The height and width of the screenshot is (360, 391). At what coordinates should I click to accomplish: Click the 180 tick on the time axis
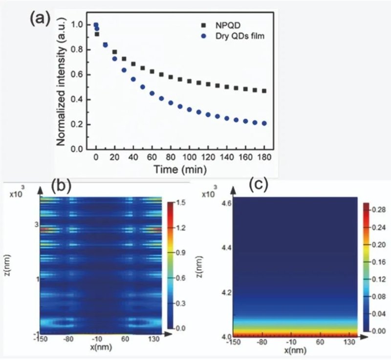(x=265, y=157)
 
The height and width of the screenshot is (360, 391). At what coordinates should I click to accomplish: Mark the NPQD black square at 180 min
(x=264, y=91)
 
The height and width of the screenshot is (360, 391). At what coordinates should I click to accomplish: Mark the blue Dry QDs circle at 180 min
(x=264, y=123)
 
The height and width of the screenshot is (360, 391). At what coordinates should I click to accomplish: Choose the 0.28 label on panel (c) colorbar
(x=376, y=210)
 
